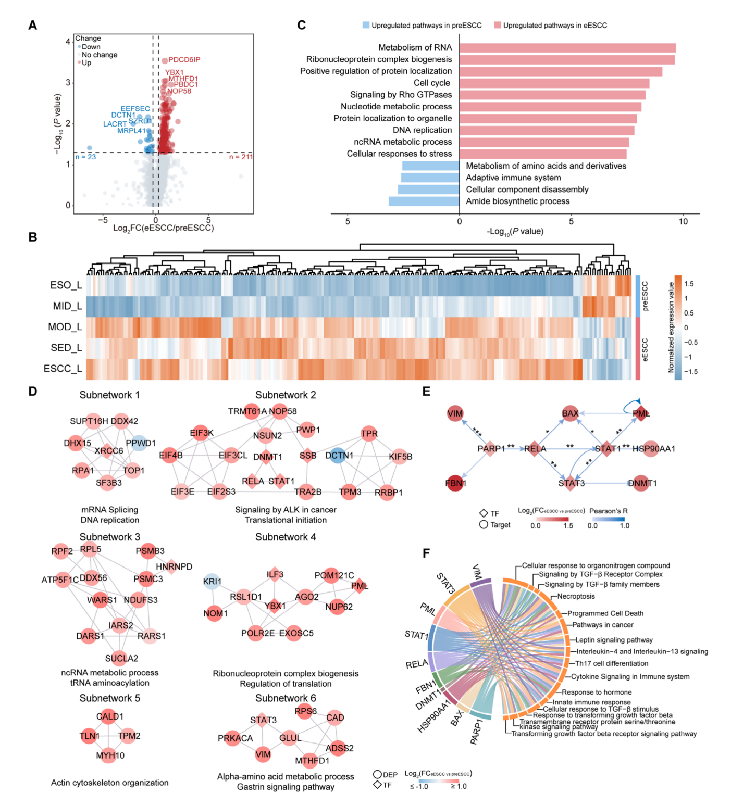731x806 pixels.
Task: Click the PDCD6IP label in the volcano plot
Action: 184,60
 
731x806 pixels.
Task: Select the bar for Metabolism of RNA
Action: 567,48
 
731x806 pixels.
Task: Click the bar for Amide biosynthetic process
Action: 424,201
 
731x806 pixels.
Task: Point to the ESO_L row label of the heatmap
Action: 66,285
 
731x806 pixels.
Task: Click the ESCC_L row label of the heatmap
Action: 63,369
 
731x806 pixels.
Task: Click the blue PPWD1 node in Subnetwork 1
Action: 139,443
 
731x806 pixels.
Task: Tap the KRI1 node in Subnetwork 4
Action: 212,582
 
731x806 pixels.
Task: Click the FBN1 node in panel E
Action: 455,483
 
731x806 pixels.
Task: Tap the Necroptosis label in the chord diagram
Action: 576,596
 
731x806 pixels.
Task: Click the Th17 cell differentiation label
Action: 612,663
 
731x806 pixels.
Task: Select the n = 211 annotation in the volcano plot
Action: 241,157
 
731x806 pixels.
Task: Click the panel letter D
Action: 33,391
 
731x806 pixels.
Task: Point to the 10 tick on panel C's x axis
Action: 683,221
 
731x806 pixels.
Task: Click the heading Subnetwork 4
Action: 286,537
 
